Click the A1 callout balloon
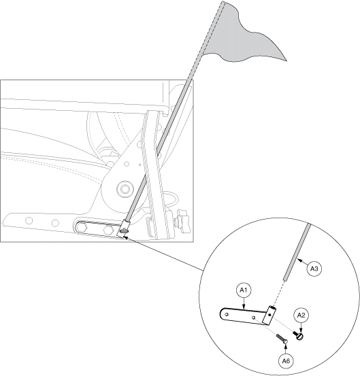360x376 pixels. [x=244, y=290]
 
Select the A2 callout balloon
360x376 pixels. [x=301, y=315]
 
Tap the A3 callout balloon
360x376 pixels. [x=314, y=269]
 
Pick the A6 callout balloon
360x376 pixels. [x=286, y=361]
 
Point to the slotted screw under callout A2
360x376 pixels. [x=298, y=335]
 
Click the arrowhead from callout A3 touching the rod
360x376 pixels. [x=299, y=260]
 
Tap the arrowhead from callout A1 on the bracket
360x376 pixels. [x=244, y=307]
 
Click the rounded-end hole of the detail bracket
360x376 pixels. [x=227, y=314]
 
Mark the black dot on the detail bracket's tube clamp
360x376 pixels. [x=269, y=315]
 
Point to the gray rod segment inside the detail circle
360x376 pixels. [x=297, y=252]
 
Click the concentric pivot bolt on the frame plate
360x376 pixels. [x=125, y=189]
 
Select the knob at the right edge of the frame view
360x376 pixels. [x=183, y=221]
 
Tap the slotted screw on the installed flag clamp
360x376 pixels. [x=125, y=231]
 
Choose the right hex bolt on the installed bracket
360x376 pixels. [x=108, y=230]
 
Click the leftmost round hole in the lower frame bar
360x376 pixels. [x=29, y=220]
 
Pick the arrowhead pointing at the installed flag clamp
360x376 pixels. [x=126, y=238]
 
